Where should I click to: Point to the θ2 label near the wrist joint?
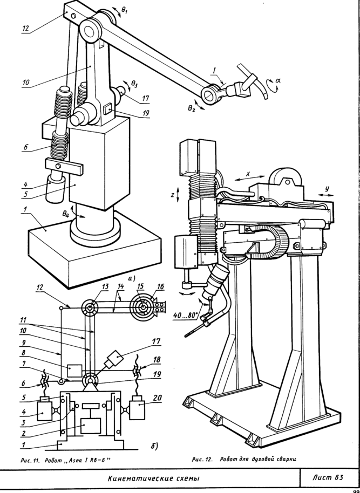(x=192, y=109)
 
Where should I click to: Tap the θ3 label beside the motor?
(x=134, y=84)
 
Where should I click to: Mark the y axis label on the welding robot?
(x=327, y=189)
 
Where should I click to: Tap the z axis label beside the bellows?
(x=173, y=195)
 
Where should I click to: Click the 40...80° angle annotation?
(x=185, y=314)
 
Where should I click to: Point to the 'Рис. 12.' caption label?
(x=202, y=460)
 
